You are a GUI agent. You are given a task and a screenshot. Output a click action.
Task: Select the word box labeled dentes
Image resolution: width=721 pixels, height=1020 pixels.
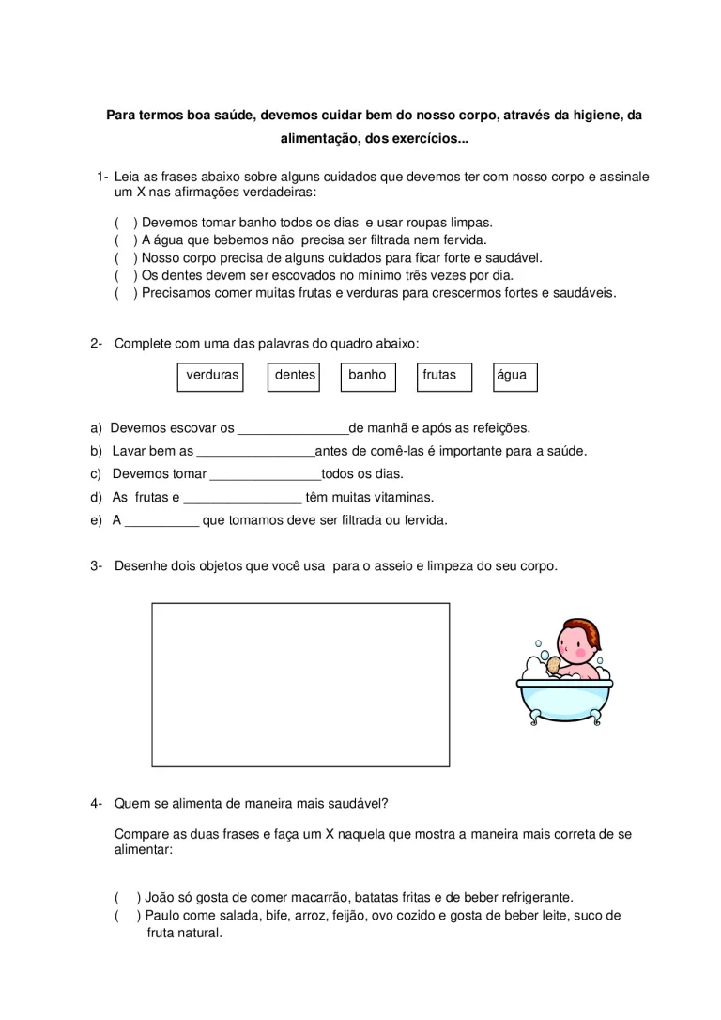click(294, 376)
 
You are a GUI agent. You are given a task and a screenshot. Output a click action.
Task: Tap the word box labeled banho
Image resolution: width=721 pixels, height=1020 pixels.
click(367, 376)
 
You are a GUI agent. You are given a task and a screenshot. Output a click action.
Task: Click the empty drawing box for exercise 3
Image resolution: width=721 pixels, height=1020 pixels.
click(300, 685)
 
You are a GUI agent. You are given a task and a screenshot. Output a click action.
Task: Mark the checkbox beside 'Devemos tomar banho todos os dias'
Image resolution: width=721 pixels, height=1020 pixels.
click(124, 224)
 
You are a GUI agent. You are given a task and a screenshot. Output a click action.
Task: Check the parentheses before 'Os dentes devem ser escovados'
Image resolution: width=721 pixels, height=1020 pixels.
click(124, 276)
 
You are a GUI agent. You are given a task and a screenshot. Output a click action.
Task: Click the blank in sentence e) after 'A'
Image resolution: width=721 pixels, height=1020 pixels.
click(162, 521)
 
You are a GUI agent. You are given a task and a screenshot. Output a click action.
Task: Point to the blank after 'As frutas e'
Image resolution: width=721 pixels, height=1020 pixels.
click(242, 499)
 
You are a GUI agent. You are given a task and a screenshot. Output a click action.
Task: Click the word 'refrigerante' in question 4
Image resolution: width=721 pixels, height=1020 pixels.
click(535, 898)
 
